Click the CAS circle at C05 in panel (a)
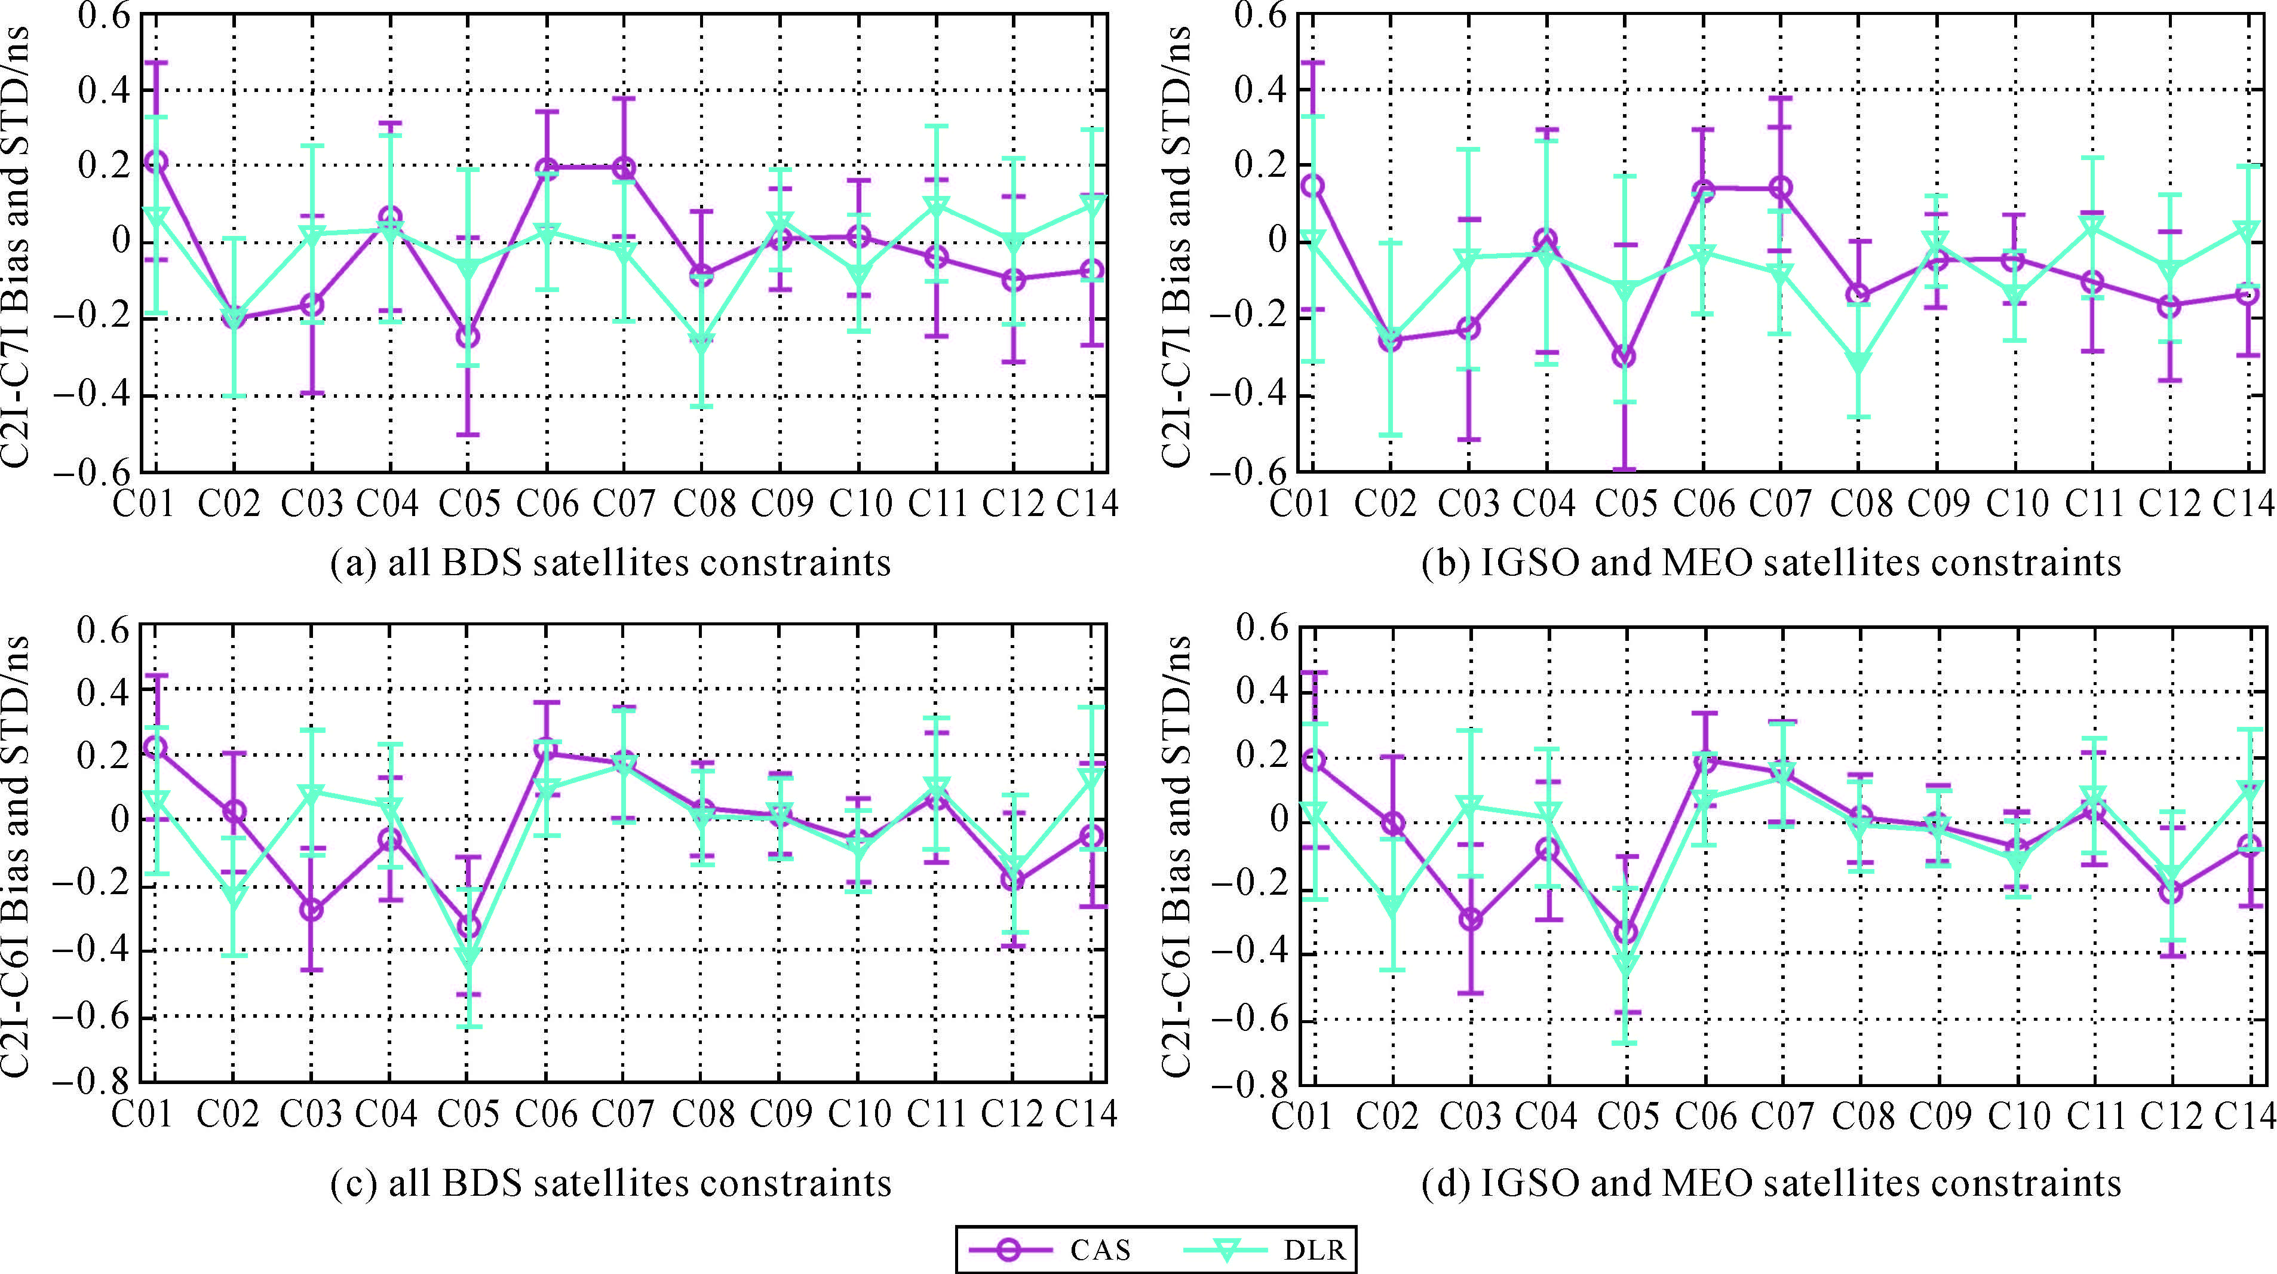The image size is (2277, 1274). coord(468,337)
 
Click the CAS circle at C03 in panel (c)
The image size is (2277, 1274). coord(311,910)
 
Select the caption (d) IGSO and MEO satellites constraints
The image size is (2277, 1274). coord(1770,1183)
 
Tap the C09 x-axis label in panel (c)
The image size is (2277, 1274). coord(781,1114)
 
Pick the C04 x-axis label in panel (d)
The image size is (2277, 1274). coord(1546,1116)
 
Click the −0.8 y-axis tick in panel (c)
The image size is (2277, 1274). coord(92,1082)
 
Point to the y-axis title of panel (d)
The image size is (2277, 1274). coord(1176,856)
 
